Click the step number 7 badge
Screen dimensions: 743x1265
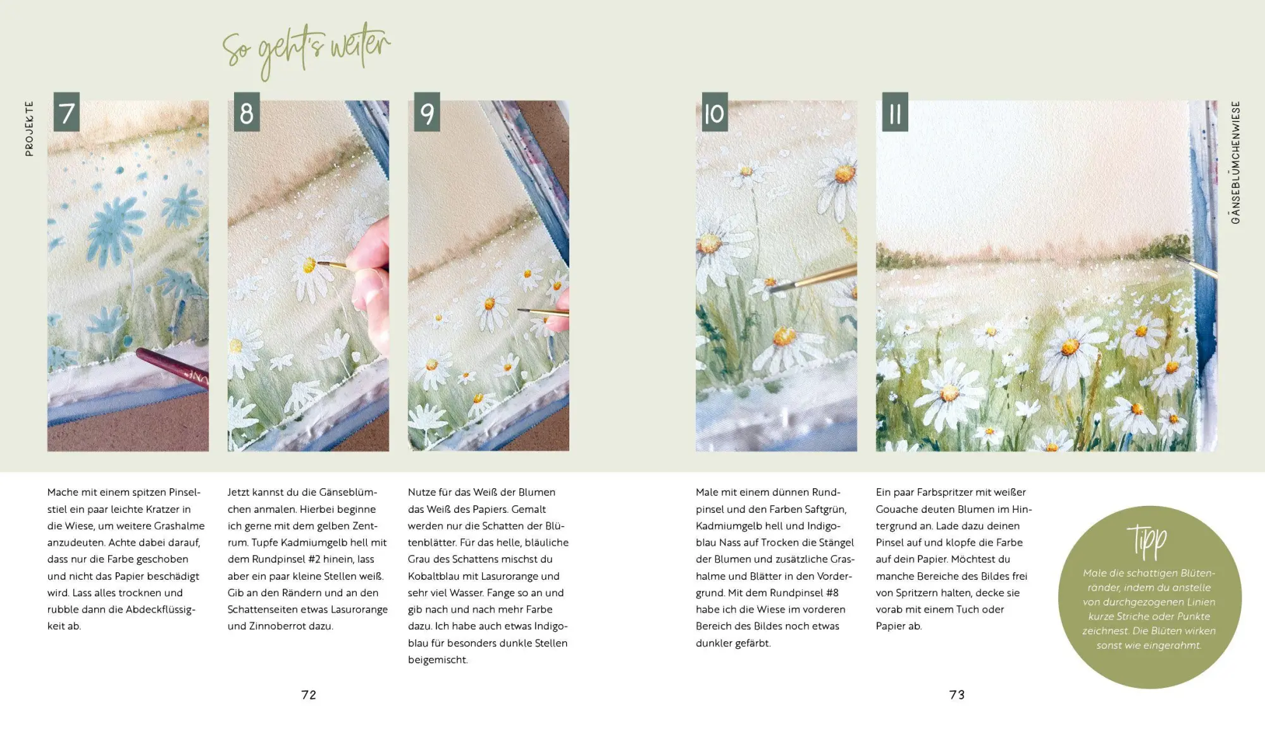pyautogui.click(x=66, y=113)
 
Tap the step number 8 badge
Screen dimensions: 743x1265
pyautogui.click(x=247, y=113)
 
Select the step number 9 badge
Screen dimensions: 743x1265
pyautogui.click(x=427, y=113)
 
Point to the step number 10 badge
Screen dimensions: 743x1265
pyautogui.click(x=715, y=113)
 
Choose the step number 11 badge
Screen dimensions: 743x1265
pyautogui.click(x=895, y=113)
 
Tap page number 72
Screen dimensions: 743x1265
pyautogui.click(x=309, y=695)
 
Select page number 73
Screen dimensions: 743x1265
pyautogui.click(x=957, y=695)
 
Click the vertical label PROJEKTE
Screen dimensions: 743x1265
pyautogui.click(x=29, y=128)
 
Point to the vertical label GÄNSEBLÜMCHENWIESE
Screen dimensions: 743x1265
pyautogui.click(x=1235, y=163)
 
